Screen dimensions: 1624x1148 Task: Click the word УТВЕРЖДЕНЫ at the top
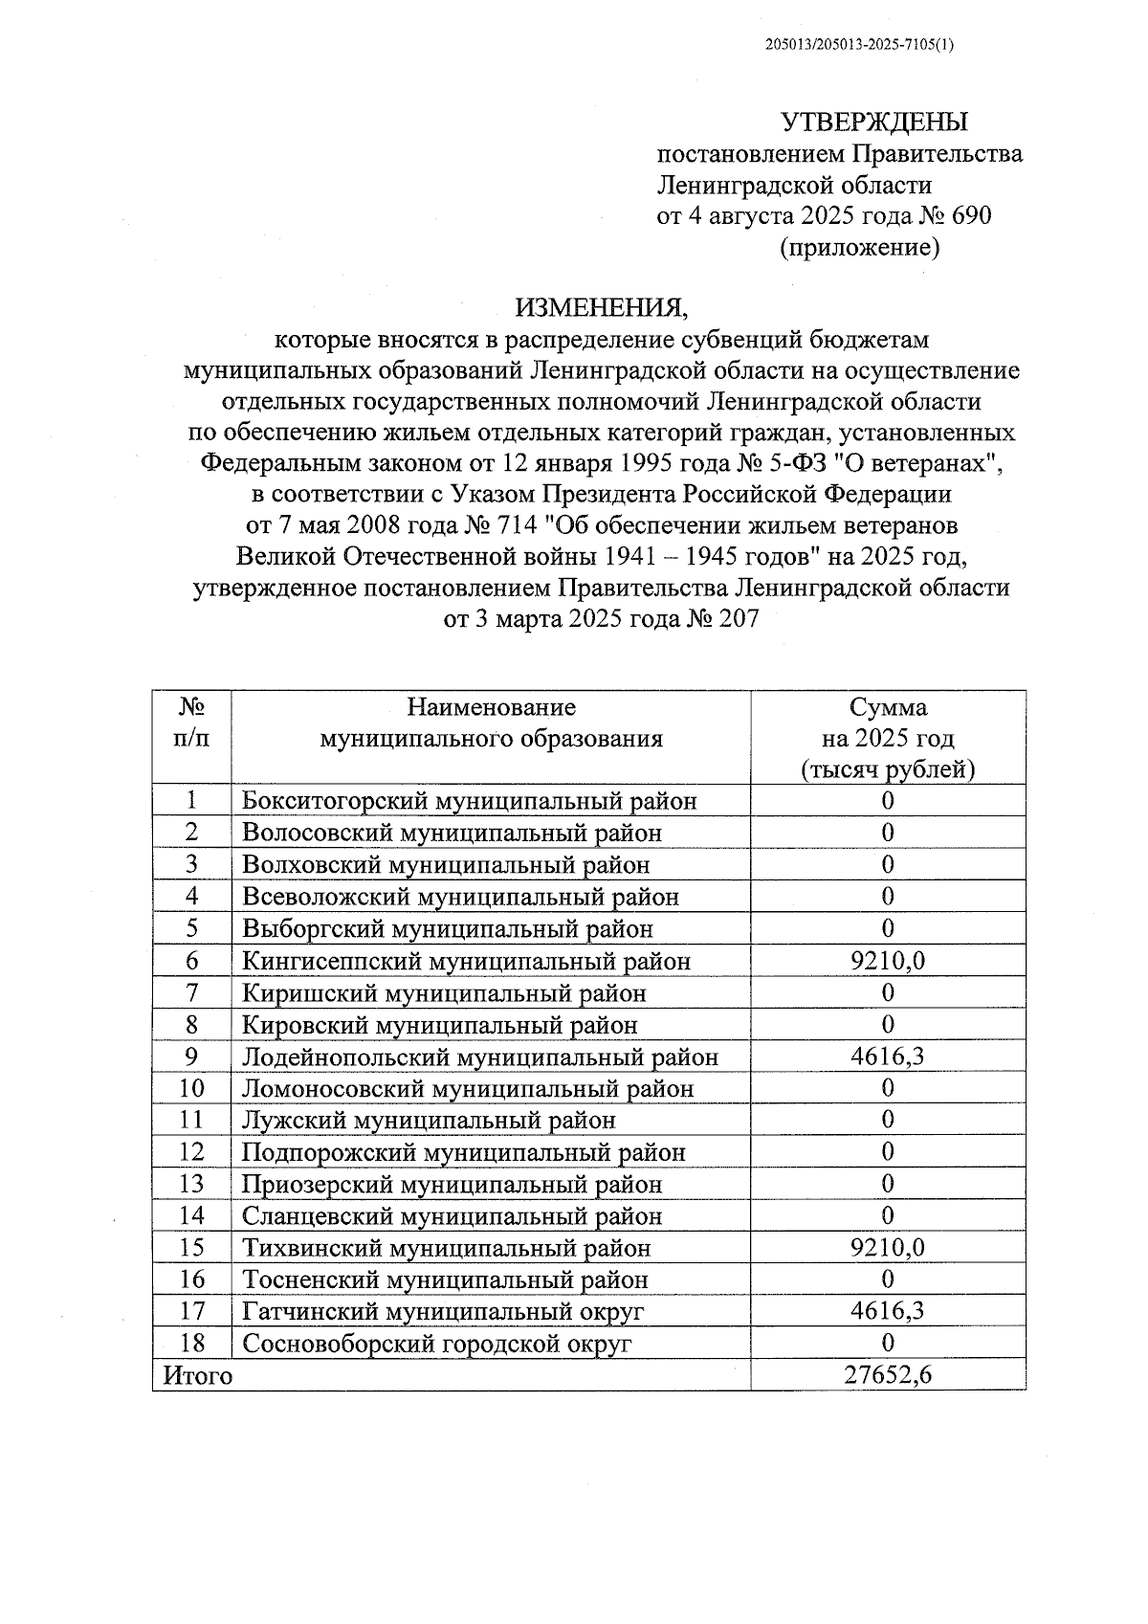pos(874,122)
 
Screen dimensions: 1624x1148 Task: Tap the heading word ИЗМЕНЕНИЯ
pos(602,308)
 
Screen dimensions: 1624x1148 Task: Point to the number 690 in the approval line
pos(972,215)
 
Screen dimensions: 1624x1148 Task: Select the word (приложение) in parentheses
pos(860,248)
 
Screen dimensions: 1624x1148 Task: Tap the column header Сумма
pos(888,708)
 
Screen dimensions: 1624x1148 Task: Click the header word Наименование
pos(491,708)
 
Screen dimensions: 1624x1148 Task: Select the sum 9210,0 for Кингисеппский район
pos(888,961)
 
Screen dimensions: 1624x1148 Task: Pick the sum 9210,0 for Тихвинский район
pos(888,1248)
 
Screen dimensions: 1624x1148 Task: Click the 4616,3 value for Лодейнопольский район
pos(888,1057)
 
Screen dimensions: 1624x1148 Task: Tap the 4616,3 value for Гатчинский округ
pos(888,1311)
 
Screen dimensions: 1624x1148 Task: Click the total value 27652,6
pos(888,1375)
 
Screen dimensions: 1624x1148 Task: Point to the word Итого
pos(198,1376)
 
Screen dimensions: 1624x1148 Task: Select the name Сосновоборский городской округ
pos(437,1344)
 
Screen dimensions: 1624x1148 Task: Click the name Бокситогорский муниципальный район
pos(470,801)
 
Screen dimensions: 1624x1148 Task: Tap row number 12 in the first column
pos(191,1152)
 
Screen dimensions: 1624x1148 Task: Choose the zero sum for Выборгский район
pos(888,928)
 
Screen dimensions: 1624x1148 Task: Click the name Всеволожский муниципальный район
pos(460,897)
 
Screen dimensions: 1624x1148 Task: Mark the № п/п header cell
pos(191,723)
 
